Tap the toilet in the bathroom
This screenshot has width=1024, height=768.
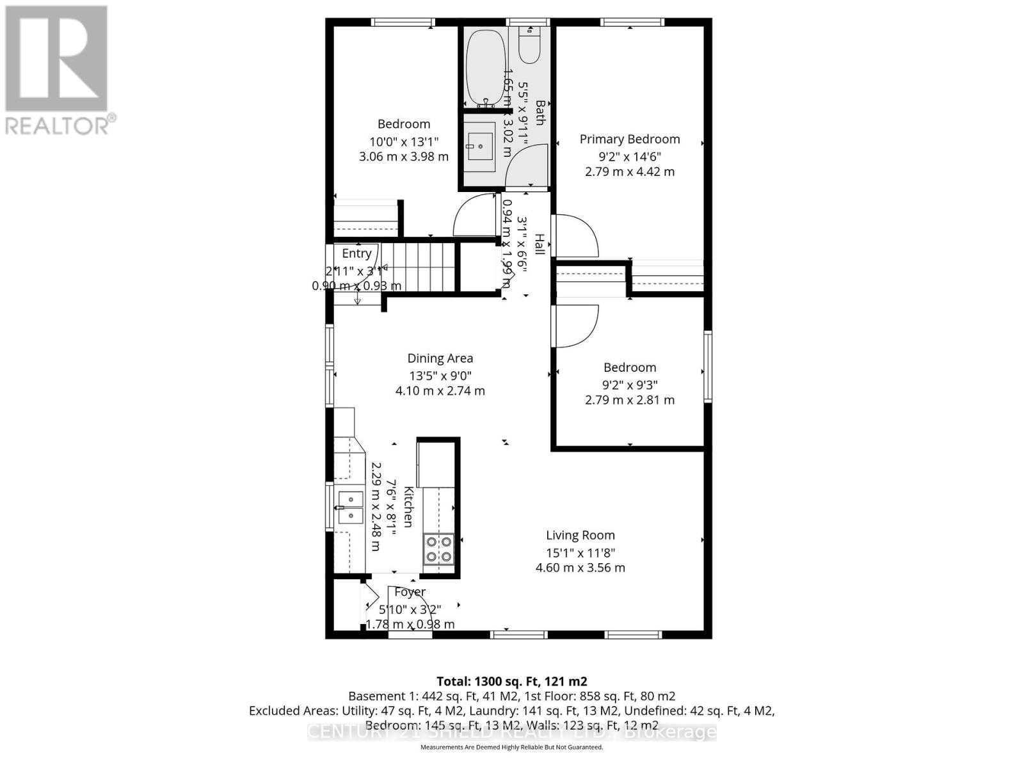click(529, 44)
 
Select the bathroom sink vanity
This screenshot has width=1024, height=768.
click(479, 147)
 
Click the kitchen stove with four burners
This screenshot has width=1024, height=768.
click(438, 549)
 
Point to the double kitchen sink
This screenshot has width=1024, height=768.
click(350, 508)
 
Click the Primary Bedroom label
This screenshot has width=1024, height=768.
click(630, 139)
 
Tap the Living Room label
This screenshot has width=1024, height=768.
click(580, 535)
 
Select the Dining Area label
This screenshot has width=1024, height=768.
click(440, 358)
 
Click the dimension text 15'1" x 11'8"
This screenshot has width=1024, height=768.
click(580, 552)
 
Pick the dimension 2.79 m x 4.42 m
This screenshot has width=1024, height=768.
click(630, 172)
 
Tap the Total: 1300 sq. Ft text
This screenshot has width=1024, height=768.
click(511, 682)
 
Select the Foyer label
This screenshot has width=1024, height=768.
click(410, 592)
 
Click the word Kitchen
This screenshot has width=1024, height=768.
click(408, 507)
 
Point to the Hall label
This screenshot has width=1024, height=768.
click(540, 244)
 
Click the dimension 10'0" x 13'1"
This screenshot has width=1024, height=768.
click(403, 141)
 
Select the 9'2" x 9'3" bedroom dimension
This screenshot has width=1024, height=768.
click(630, 385)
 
